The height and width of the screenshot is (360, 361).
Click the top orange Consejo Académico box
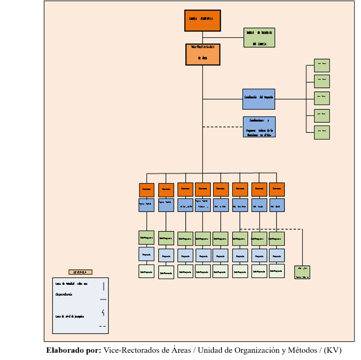[x=203, y=20]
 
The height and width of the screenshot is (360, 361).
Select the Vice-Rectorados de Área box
[x=203, y=54]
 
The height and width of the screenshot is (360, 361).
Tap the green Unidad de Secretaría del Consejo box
[x=259, y=37]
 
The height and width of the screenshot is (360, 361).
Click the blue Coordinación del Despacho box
[x=259, y=99]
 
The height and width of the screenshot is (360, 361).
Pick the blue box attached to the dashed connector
[x=259, y=127]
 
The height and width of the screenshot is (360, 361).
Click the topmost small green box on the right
[x=322, y=65]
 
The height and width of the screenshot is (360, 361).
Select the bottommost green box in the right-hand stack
[x=322, y=132]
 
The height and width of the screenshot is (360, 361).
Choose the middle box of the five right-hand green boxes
[x=322, y=98]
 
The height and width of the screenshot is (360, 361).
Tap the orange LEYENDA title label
[x=80, y=272]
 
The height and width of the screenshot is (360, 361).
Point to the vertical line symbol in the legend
[x=103, y=286]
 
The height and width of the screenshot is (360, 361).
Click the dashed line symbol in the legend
[x=102, y=326]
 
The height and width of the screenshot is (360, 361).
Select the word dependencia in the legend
[x=64, y=294]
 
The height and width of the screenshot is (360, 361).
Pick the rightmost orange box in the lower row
[x=277, y=189]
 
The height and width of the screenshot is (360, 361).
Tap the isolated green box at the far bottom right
[x=302, y=272]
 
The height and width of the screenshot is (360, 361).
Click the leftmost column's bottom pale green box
[x=146, y=271]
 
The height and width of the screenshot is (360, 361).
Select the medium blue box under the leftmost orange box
[x=146, y=205]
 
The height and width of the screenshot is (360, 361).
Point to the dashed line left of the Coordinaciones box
[x=222, y=127]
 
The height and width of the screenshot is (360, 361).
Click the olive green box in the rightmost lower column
[x=277, y=238]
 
